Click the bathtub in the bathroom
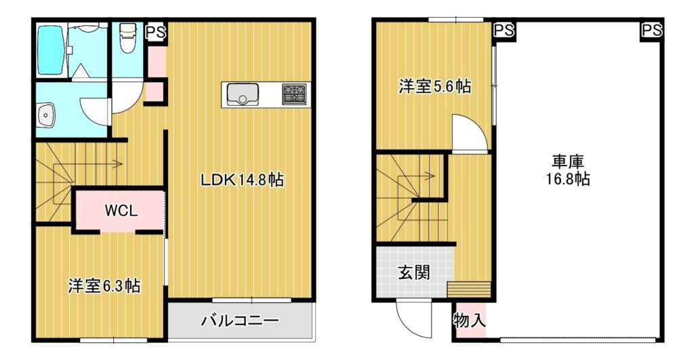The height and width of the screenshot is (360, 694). click(51, 50)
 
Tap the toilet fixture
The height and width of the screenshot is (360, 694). click(127, 39)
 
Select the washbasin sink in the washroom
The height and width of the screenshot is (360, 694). click(45, 115)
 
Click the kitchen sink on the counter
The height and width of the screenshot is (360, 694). click(243, 94)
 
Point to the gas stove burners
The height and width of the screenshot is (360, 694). click(294, 94)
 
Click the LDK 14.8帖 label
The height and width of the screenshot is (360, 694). click(242, 180)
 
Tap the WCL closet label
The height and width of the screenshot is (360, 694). click(121, 210)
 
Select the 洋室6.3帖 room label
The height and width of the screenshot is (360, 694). click(104, 286)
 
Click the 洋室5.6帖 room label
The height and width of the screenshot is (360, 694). click(434, 86)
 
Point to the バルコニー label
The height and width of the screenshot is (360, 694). click(241, 320)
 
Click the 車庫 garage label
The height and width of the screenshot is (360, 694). click(568, 161)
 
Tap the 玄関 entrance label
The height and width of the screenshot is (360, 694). click(414, 272)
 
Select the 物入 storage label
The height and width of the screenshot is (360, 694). click(469, 320)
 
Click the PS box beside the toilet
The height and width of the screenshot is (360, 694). click(157, 33)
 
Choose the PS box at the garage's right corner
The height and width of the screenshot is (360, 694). click(652, 31)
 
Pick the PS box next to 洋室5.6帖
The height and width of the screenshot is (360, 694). click(504, 31)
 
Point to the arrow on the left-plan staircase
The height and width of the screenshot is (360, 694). click(87, 164)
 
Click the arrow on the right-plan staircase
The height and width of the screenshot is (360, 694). click(416, 176)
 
